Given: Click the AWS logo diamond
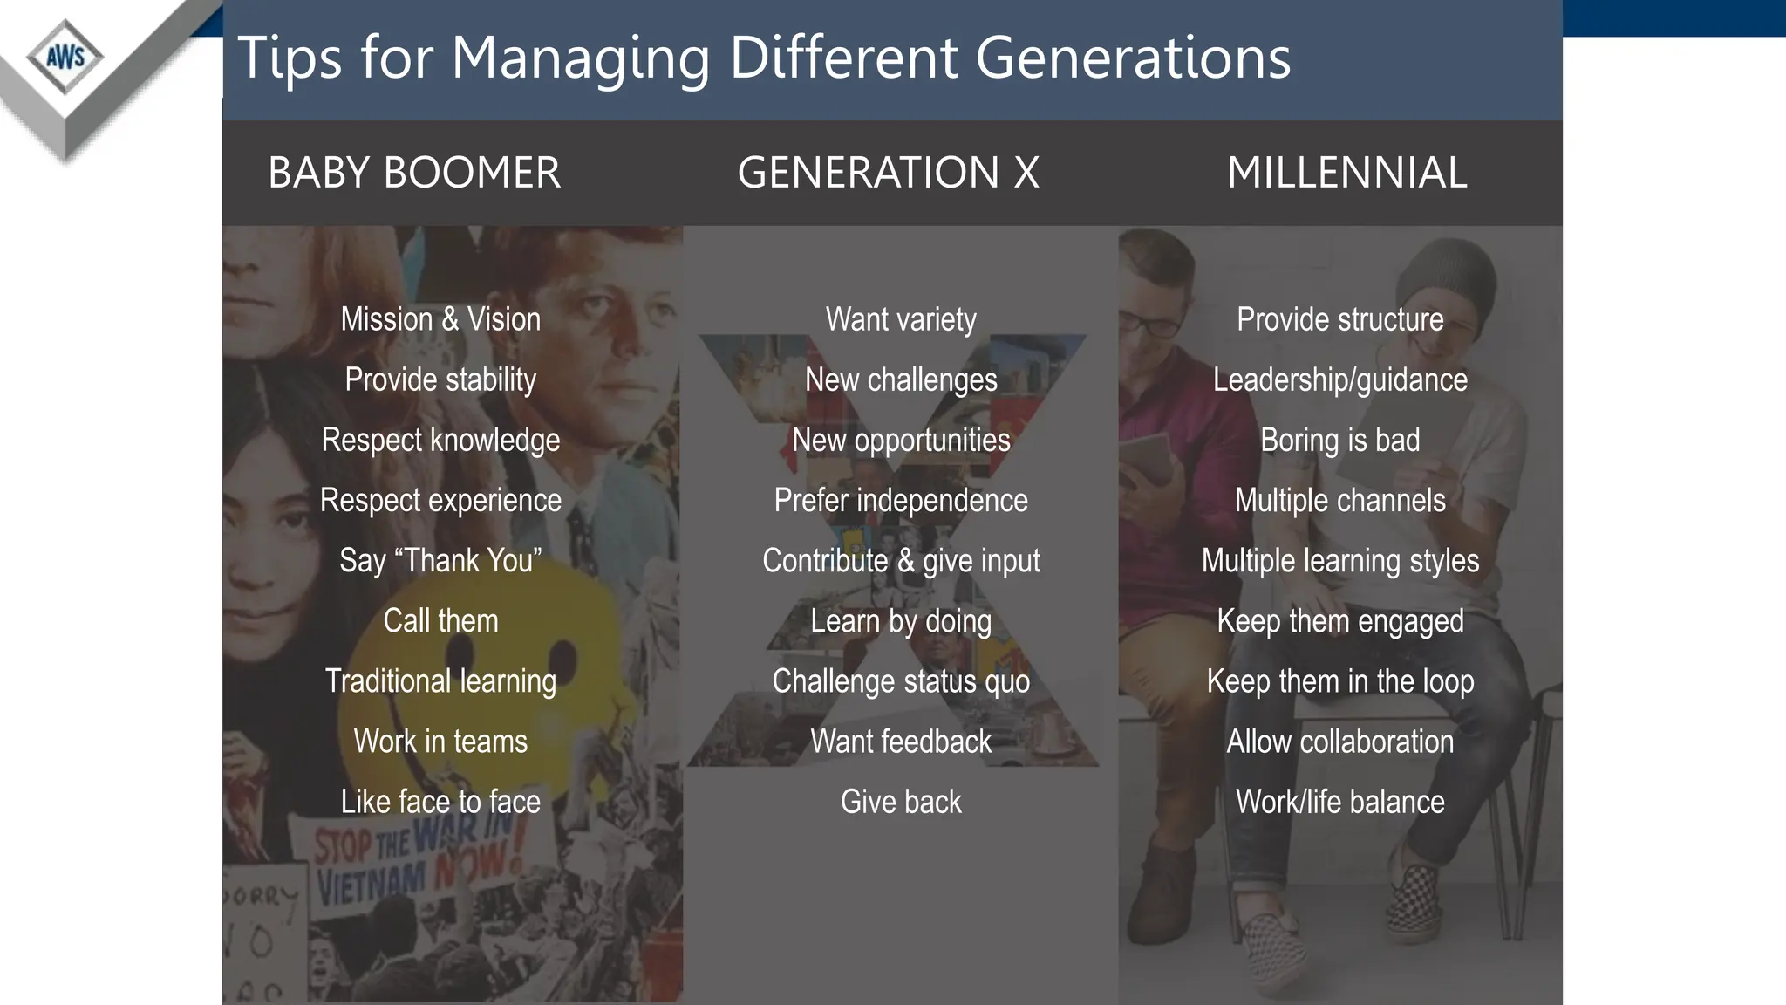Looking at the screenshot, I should tap(65, 58).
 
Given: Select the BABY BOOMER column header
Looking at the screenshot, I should tap(414, 173).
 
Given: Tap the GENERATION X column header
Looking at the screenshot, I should tap(888, 173).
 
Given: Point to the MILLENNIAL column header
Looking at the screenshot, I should tap(1346, 173).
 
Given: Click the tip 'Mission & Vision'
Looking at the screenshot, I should tap(440, 319).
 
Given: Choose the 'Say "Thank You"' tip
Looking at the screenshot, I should tap(440, 560).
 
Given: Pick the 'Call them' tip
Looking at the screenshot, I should tap(440, 620).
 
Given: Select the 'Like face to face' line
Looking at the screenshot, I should tap(440, 802).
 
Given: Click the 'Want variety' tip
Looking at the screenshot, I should tap(901, 319).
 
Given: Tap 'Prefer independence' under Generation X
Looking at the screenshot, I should tap(901, 501).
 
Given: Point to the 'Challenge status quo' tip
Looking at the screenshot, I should tap(901, 681).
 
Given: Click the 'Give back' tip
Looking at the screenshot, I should tap(901, 802).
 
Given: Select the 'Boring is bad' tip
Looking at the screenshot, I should tap(1340, 441).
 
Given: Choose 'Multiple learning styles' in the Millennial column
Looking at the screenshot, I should tap(1340, 560).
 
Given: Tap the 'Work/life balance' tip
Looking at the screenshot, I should tap(1340, 802).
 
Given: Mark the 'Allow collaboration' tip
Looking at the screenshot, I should tap(1340, 742).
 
